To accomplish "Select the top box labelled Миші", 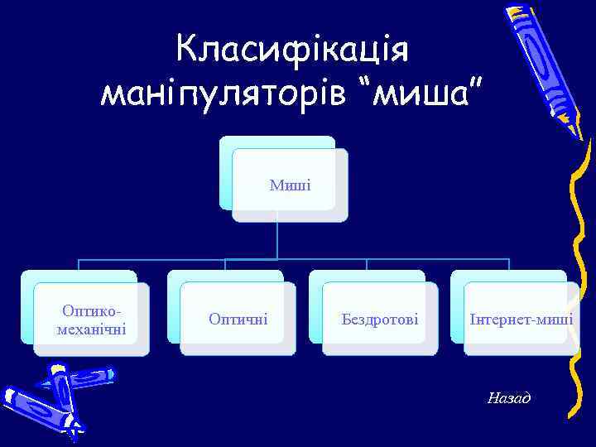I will pos(290,185).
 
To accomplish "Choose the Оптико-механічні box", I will pos(91,320).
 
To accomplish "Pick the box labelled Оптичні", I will pos(238,319).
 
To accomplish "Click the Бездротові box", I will pos(380,319).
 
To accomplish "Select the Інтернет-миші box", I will pos(521,319).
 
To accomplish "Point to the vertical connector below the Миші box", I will pos(277,240).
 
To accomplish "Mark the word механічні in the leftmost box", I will pos(91,329).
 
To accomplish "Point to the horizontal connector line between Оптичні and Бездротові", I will pos(296,260).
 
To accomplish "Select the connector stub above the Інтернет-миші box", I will pos(508,265).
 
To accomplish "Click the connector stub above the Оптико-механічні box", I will pos(79,265).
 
